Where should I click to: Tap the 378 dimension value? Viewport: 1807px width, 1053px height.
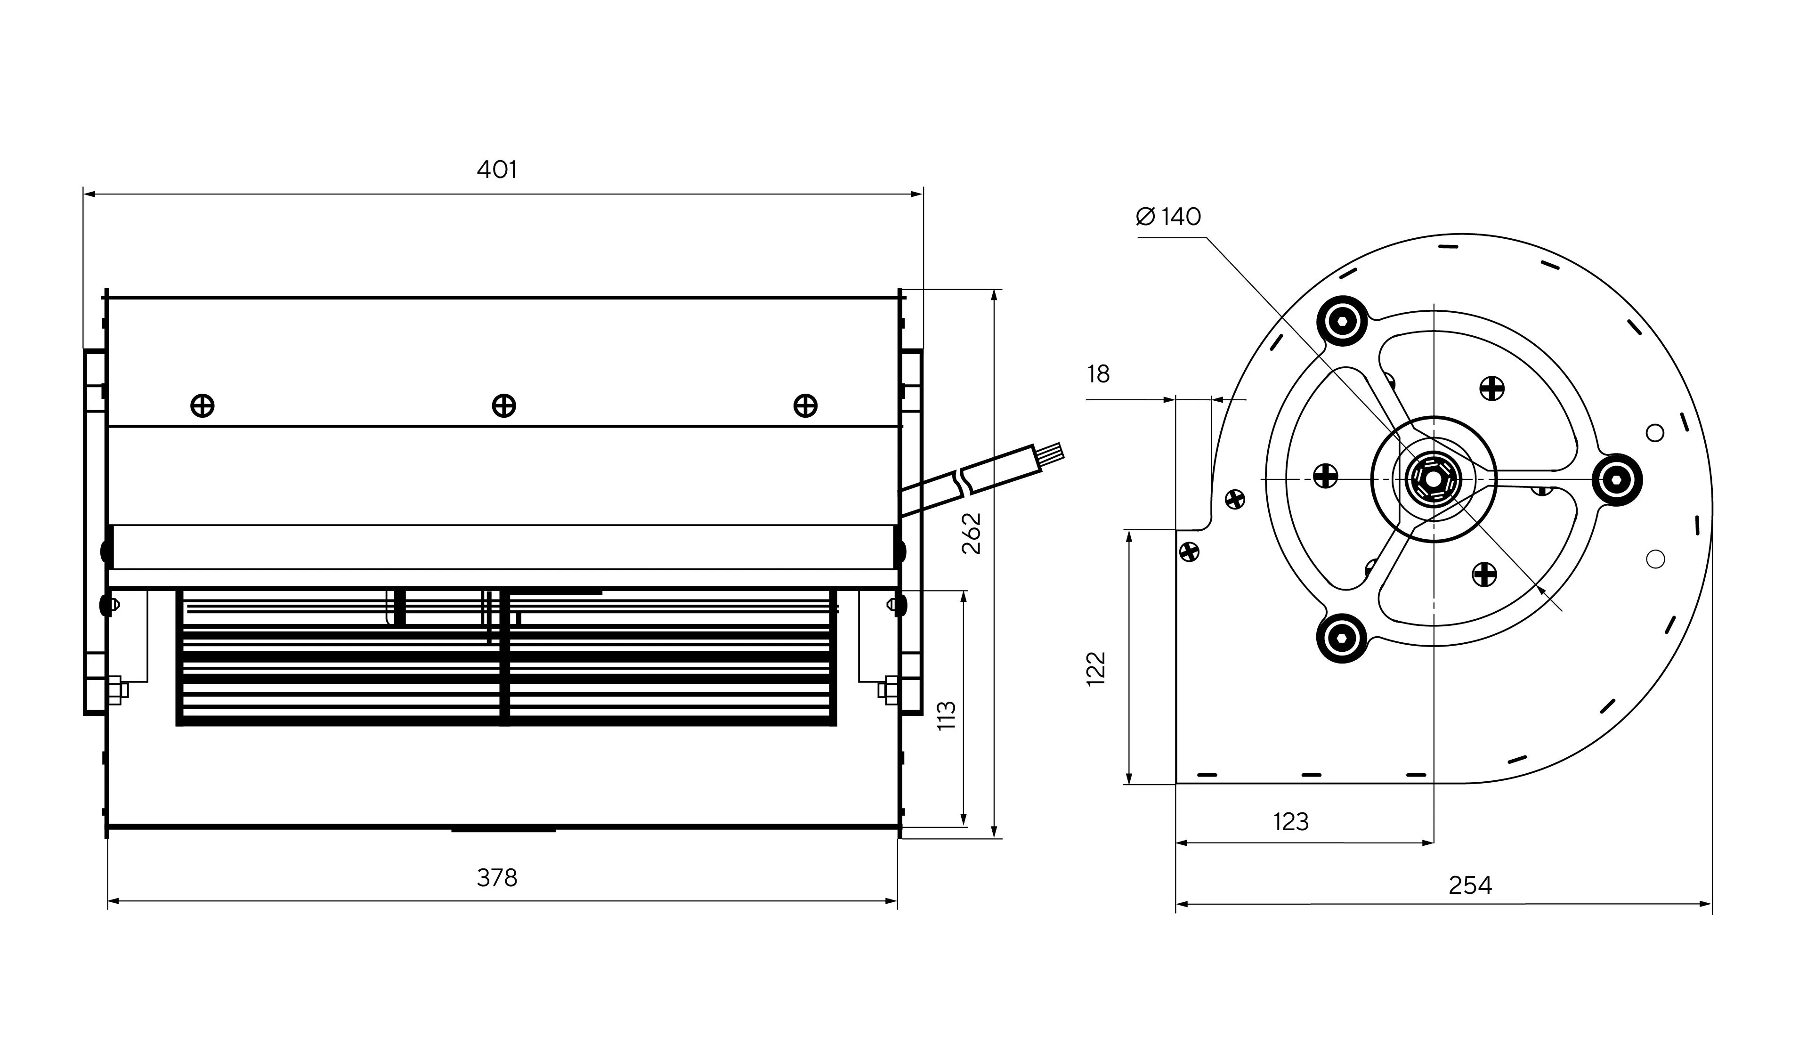coord(496,877)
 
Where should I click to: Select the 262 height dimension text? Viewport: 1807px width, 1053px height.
coord(972,533)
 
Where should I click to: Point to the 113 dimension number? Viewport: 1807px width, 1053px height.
coord(947,715)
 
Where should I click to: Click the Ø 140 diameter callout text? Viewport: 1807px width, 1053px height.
coord(1169,217)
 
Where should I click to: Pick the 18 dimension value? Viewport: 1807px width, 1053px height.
coord(1098,374)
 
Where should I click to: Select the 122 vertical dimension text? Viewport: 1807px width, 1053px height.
coord(1096,669)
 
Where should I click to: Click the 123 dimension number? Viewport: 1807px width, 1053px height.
coord(1291,821)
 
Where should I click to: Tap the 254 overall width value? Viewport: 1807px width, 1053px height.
coord(1470,886)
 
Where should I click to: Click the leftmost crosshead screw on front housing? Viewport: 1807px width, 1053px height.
coord(202,406)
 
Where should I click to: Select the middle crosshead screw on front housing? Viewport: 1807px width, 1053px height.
coord(504,406)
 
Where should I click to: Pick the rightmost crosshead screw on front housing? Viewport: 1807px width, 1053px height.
coord(805,406)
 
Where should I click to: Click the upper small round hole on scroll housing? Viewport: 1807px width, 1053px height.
coord(1654,433)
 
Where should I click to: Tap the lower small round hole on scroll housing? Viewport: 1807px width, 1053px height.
coord(1655,559)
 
